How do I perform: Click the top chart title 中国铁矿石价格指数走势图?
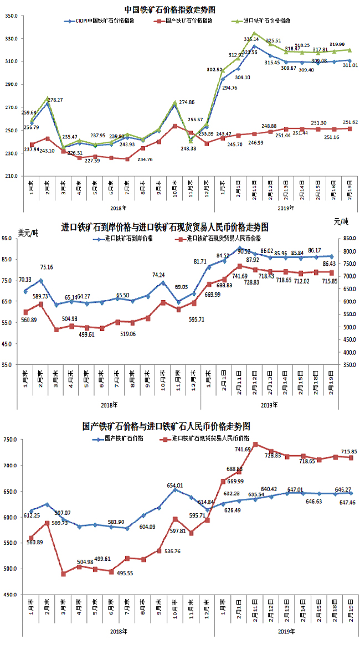[x=169, y=9]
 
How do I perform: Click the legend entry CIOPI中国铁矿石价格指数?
[x=102, y=20]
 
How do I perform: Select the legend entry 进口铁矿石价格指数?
[x=266, y=20]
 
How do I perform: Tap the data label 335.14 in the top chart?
[x=251, y=40]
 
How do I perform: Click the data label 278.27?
[x=55, y=100]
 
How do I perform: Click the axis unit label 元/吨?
[x=341, y=221]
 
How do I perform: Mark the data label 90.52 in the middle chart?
[x=244, y=251]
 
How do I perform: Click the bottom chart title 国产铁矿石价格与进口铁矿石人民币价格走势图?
[x=167, y=426]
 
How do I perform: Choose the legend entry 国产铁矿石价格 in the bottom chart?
[x=124, y=438]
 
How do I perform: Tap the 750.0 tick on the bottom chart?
[x=12, y=440]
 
